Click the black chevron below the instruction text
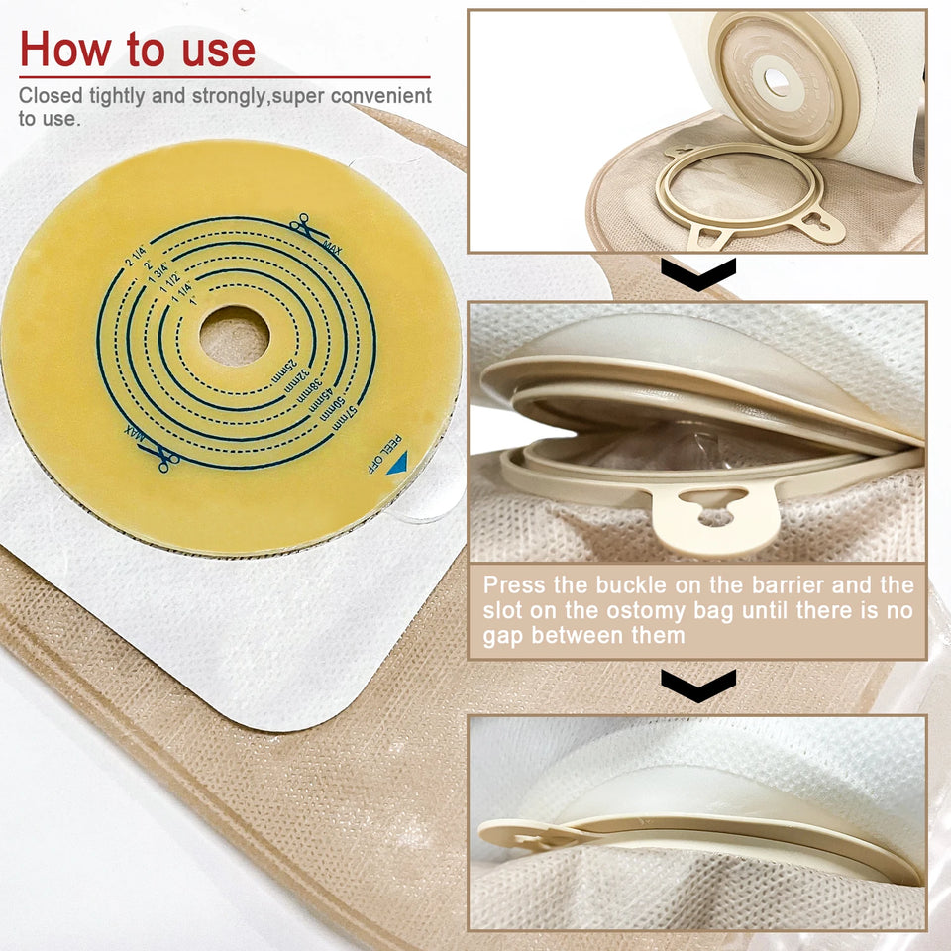698,685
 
